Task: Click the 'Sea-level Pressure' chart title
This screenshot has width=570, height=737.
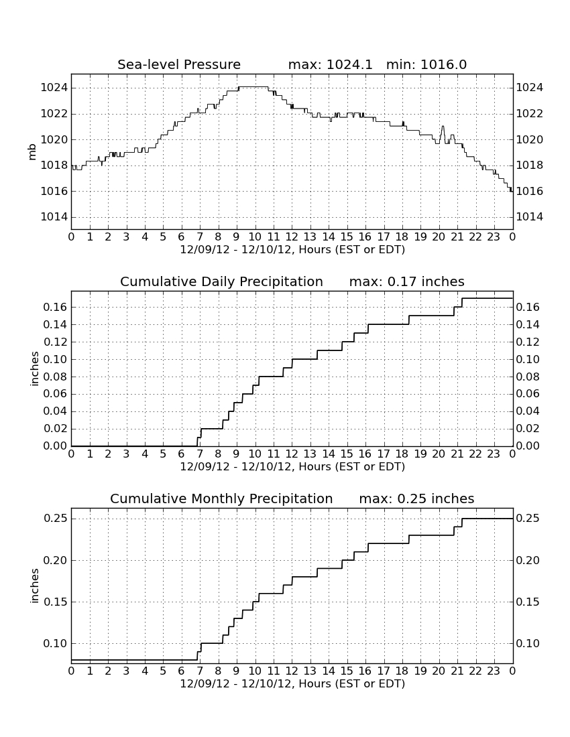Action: (x=179, y=64)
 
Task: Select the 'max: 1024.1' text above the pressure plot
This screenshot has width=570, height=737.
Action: (x=330, y=64)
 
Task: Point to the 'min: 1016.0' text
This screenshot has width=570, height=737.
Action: (x=426, y=64)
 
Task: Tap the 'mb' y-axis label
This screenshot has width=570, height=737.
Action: (x=32, y=152)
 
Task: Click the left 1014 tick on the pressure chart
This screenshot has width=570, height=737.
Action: (x=54, y=216)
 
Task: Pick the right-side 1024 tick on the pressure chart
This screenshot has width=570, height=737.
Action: (x=530, y=87)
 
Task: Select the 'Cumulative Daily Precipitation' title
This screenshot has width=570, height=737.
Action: (x=221, y=281)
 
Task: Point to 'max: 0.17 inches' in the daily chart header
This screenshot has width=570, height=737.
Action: (x=407, y=281)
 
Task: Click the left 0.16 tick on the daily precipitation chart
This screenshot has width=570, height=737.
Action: (x=56, y=307)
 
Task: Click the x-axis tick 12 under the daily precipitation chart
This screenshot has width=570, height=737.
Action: (x=292, y=454)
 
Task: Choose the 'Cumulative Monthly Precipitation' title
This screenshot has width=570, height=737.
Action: (x=221, y=498)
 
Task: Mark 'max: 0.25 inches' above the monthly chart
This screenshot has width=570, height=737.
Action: (x=416, y=498)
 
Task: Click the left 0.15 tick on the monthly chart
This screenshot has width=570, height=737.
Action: (x=56, y=602)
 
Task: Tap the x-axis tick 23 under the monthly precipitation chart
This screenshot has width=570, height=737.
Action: (x=494, y=671)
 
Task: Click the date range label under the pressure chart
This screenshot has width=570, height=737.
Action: (x=292, y=250)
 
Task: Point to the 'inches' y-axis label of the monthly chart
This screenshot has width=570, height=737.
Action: (x=34, y=586)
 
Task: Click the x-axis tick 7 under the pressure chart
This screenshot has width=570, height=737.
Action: (x=200, y=237)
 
